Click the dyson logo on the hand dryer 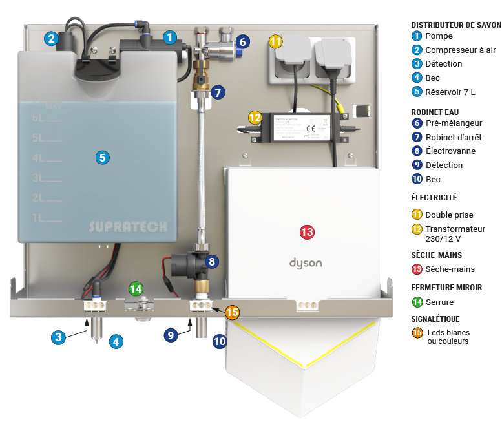tap(305, 264)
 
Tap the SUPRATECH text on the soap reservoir tap(127, 227)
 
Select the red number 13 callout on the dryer tap(306, 231)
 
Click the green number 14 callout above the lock tap(136, 289)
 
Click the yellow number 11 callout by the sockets tap(276, 42)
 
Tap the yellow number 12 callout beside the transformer tap(255, 117)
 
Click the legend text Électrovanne tap(450, 151)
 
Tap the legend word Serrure tap(439, 302)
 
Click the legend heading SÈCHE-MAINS tap(437, 255)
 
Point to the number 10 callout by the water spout tap(220, 341)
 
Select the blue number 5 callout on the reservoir tap(101, 156)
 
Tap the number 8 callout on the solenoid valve tap(213, 262)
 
